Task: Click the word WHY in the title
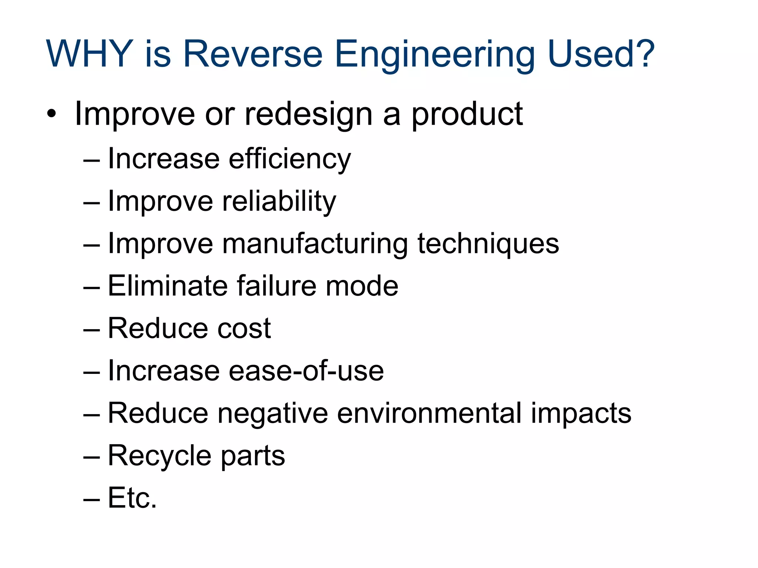89,54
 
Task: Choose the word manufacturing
315,244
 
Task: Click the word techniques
488,244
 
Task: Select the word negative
273,414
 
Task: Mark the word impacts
581,414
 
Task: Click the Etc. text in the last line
132,498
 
